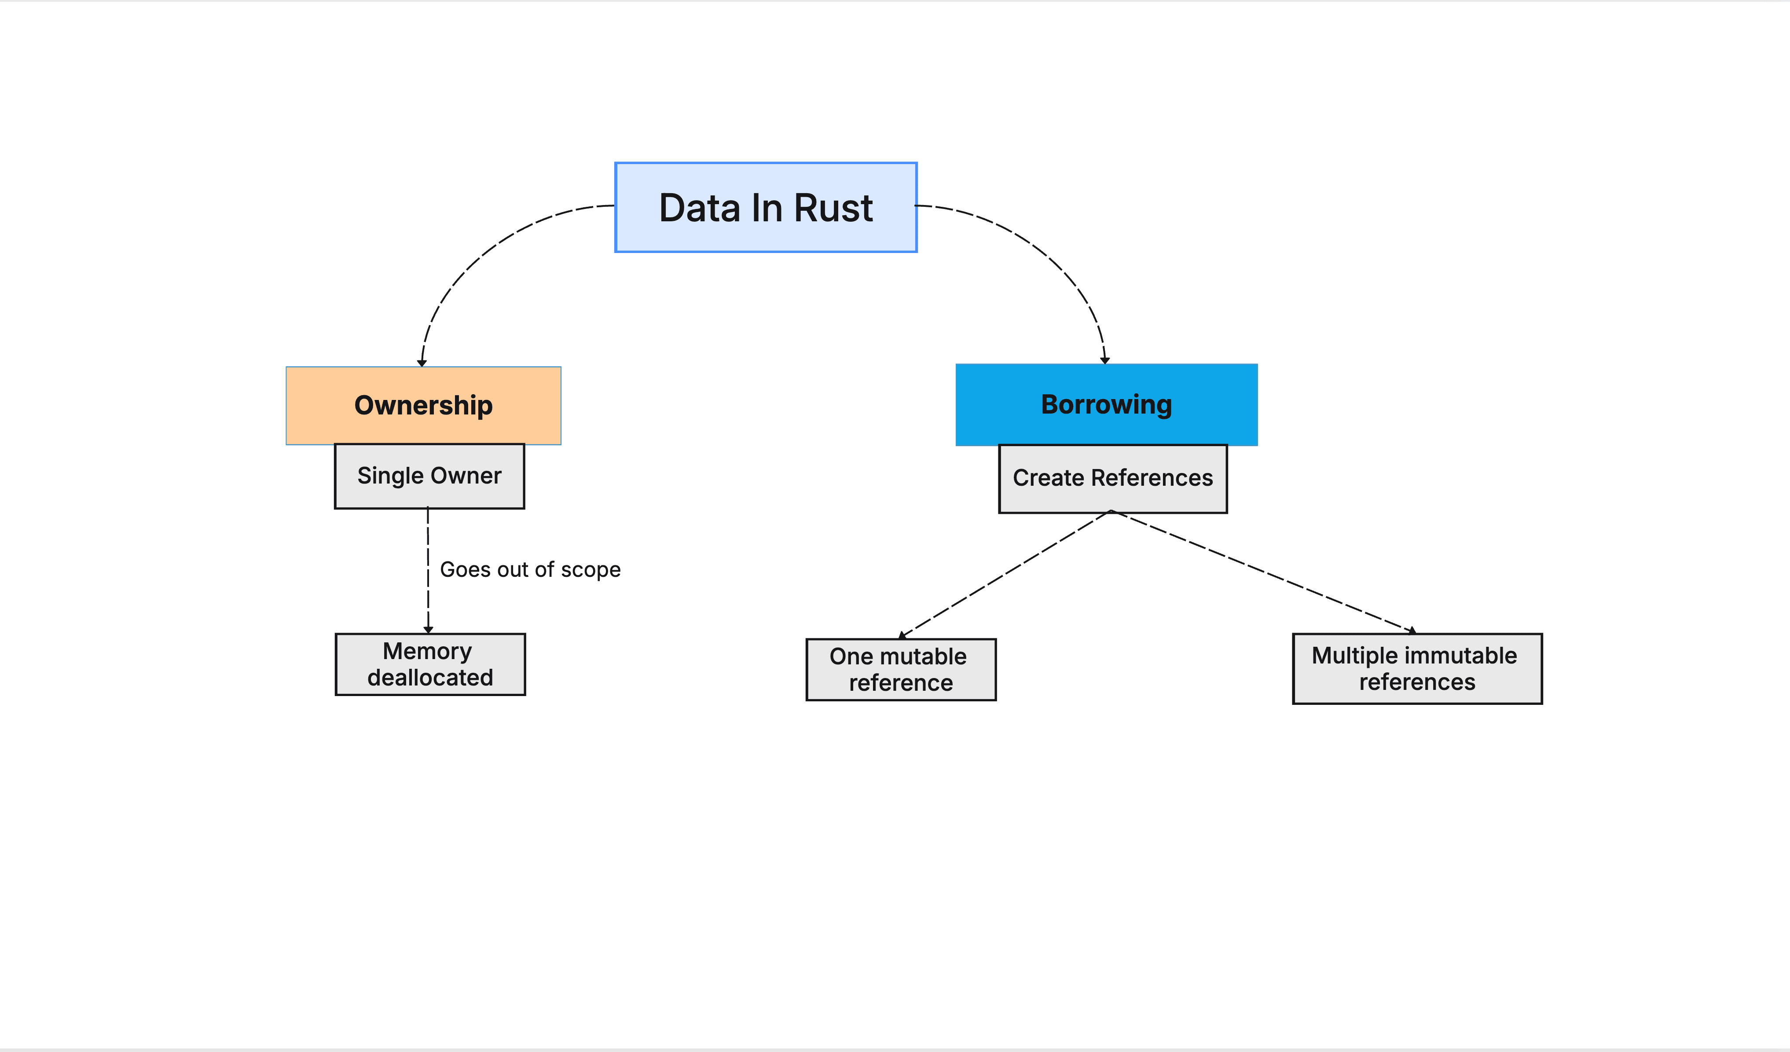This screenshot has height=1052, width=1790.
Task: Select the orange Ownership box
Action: coord(423,406)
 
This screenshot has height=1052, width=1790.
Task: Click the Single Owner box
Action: coord(429,476)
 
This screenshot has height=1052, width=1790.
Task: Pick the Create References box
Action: coord(1112,478)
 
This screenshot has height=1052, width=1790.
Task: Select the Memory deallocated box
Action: coord(430,664)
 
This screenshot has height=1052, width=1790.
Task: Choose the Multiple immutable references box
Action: coord(1416,668)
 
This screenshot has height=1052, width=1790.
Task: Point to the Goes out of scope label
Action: coord(530,570)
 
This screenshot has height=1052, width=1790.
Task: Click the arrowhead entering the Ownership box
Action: coord(422,363)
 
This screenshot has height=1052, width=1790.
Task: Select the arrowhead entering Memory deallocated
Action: coord(428,629)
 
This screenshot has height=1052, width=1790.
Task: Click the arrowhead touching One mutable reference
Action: coord(902,635)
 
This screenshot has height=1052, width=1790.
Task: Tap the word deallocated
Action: coord(430,678)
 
